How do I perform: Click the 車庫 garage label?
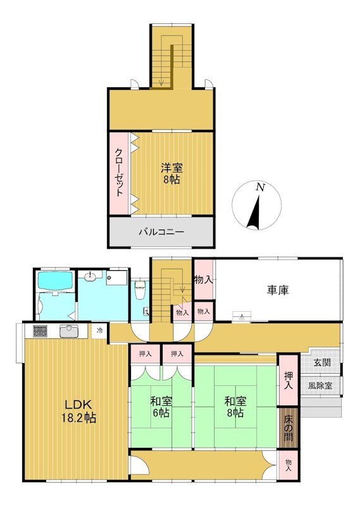(278, 290)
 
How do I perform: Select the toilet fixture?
(140, 289)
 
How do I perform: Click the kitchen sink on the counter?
(68, 331)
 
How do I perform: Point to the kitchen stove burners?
(40, 331)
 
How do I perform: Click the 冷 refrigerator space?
(100, 330)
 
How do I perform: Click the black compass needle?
(254, 211)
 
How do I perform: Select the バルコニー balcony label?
(161, 232)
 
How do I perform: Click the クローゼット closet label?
(119, 172)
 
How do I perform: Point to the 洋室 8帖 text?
(171, 173)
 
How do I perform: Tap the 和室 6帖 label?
(161, 407)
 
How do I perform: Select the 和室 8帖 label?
(235, 407)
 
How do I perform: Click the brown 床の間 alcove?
(288, 428)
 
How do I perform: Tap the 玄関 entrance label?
(322, 362)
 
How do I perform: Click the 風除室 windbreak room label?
(320, 385)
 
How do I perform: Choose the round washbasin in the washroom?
(90, 276)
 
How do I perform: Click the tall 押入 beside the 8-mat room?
(288, 380)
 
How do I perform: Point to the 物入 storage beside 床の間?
(288, 465)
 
